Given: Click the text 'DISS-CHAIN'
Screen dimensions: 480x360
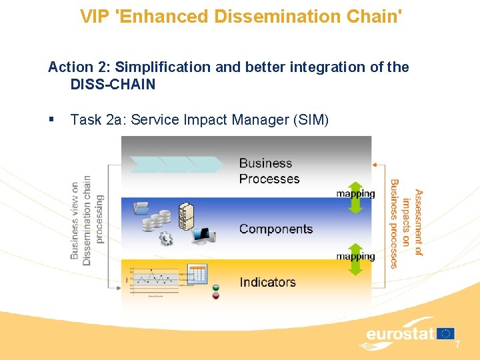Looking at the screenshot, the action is tap(113, 85).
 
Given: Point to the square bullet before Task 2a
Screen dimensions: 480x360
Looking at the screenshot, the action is tap(51, 119).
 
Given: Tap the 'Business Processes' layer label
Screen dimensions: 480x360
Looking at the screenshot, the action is tap(269, 171).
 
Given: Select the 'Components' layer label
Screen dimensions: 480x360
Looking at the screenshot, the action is tap(275, 229).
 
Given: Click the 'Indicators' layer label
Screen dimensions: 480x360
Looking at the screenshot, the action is tap(267, 282).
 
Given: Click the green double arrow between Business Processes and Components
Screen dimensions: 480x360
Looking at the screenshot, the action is tap(356, 198).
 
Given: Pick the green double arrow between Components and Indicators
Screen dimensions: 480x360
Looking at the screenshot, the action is tap(356, 259).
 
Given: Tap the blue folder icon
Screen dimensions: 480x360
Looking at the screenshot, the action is tap(142, 208).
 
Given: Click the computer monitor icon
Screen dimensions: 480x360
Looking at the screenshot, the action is tap(201, 235).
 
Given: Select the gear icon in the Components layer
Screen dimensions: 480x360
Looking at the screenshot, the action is tap(166, 238).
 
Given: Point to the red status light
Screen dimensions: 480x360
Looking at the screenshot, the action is tap(216, 295).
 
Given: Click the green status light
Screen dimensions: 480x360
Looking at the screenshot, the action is tap(216, 287).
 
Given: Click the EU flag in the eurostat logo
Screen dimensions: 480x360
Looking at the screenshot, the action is tap(446, 333).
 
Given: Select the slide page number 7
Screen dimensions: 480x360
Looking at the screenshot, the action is tap(457, 345).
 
